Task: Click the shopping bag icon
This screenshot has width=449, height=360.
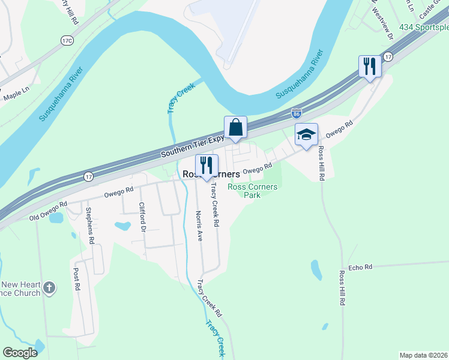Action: [236, 127]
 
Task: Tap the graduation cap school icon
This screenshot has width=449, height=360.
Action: [306, 135]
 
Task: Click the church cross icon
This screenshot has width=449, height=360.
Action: [49, 289]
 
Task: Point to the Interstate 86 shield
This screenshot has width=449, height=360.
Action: [296, 113]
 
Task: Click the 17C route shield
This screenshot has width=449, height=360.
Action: [67, 41]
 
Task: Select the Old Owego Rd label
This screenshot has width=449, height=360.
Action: [48, 214]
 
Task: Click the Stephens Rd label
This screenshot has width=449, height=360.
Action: [91, 225]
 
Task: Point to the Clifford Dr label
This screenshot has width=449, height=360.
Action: [143, 217]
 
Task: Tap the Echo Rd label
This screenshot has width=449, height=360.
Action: [360, 266]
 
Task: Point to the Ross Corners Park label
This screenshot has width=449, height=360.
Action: [253, 191]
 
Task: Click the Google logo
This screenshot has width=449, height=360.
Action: [20, 353]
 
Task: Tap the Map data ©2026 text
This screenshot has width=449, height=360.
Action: [423, 355]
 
